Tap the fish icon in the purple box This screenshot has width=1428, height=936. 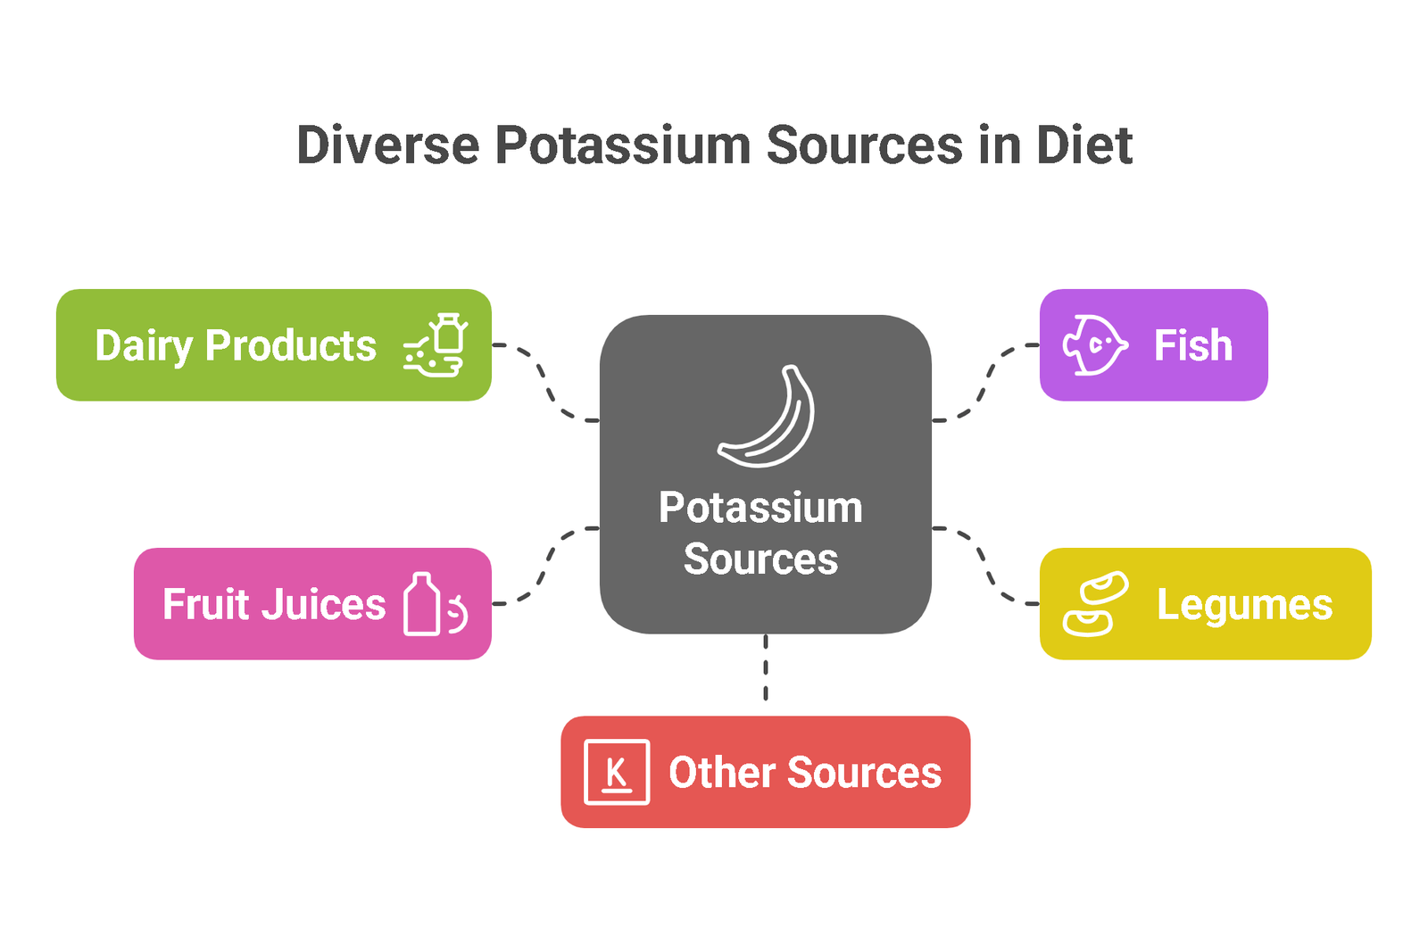click(1095, 344)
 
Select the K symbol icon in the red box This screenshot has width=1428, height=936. click(617, 772)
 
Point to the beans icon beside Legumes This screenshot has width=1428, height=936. click(1095, 603)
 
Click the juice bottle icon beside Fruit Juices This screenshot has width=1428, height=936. click(422, 604)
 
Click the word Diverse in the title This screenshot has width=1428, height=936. click(387, 145)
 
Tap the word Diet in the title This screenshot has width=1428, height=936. click(1084, 145)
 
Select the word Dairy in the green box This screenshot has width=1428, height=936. click(144, 346)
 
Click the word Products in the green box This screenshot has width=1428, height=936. click(291, 346)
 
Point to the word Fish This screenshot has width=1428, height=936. click(1193, 345)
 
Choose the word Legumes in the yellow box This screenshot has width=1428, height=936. click(1245, 605)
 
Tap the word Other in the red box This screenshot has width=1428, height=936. click(722, 772)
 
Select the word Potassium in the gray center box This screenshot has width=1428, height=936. click(760, 508)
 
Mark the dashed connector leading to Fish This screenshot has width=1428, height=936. click(985, 383)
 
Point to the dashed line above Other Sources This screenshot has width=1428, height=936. click(766, 667)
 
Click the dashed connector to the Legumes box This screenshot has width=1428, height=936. click(985, 566)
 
